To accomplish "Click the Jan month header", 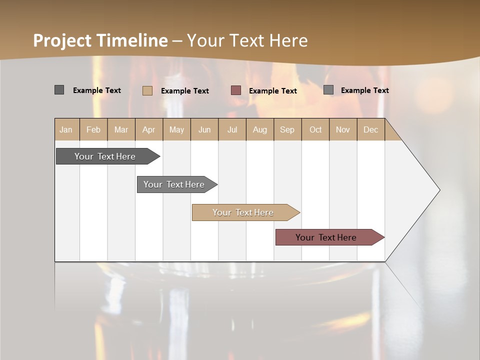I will (x=66, y=129).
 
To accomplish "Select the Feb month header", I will (x=93, y=129).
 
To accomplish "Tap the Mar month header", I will (x=121, y=129).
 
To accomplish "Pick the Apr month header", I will (x=149, y=129).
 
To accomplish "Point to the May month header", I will (x=176, y=129).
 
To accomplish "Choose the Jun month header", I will (x=204, y=129).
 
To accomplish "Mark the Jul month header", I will (x=232, y=129).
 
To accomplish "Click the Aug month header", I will (x=260, y=129).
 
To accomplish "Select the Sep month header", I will (x=287, y=129).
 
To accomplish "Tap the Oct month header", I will (x=315, y=129).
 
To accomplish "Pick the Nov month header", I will (x=343, y=129).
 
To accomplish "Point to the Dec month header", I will (x=371, y=129).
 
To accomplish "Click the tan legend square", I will (x=147, y=90).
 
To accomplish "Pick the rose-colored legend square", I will (x=236, y=90).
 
